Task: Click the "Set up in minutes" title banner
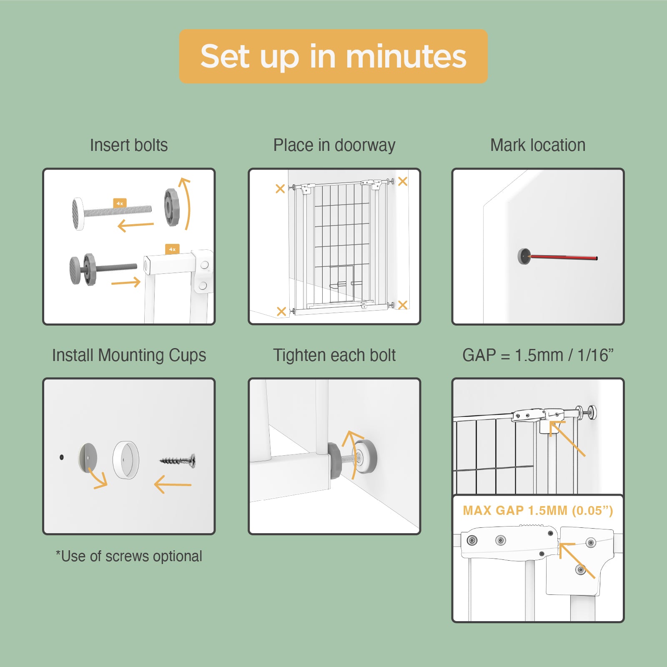tap(333, 56)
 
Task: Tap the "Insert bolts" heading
tap(129, 145)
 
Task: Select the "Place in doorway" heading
tap(334, 145)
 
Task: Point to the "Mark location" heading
tap(538, 145)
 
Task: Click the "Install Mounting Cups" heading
tap(129, 356)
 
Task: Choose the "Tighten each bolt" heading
tap(334, 355)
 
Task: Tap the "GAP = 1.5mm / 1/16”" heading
tap(538, 355)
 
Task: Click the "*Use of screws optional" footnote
tap(129, 556)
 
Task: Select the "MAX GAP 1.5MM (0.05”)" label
tap(538, 511)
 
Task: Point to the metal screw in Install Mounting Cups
tap(178, 460)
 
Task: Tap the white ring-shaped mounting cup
tap(125, 460)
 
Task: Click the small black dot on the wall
tap(62, 457)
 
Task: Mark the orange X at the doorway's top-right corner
tap(403, 181)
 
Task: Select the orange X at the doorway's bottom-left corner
tap(281, 311)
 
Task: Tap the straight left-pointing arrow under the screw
tap(173, 484)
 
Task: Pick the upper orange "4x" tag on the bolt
tap(120, 203)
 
